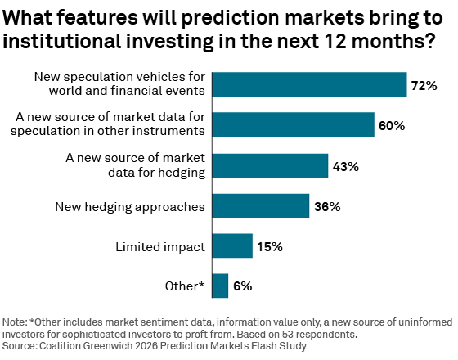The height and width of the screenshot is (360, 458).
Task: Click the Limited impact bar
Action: (231, 245)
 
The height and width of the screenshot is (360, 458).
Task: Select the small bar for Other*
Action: (219, 286)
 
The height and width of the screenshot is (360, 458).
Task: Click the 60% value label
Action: (392, 125)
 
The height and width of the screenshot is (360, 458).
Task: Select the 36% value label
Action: (326, 206)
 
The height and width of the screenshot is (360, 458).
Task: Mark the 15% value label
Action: (269, 246)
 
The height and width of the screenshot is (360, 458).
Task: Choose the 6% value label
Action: (242, 286)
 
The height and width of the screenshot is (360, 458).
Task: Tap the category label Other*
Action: (183, 286)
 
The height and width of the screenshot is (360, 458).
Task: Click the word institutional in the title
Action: (69, 42)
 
